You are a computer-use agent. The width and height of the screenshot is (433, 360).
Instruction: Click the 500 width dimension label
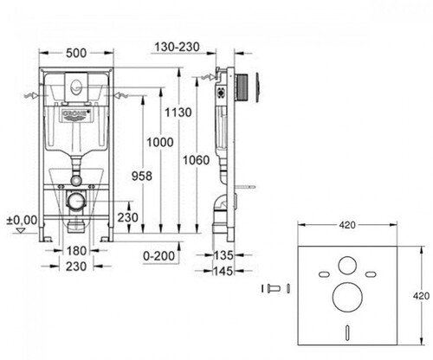click(x=76, y=53)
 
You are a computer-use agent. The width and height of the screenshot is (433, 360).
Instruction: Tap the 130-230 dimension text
click(x=178, y=47)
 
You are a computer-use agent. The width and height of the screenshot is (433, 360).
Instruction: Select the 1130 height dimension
click(x=178, y=112)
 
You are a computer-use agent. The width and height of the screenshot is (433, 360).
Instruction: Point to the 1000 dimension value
click(x=160, y=142)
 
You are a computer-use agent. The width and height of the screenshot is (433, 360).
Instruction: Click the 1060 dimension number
click(x=197, y=160)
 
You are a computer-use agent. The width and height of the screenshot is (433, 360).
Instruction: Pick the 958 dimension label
click(x=142, y=176)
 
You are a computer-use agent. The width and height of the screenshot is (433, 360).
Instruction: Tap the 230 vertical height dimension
click(x=127, y=217)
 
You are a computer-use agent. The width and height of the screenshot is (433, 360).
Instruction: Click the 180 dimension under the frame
click(x=76, y=251)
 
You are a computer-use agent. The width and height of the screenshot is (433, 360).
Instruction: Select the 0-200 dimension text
click(x=159, y=255)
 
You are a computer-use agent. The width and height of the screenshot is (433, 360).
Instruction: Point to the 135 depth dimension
click(x=223, y=255)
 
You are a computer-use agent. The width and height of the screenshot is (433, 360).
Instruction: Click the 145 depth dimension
click(x=223, y=271)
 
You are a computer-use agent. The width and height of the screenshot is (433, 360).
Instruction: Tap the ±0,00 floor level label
click(x=23, y=221)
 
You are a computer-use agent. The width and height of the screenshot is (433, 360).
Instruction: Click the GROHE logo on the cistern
click(x=75, y=113)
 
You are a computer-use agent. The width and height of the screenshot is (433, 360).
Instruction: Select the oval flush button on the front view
click(x=76, y=86)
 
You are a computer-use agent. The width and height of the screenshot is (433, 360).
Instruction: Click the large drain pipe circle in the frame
click(x=76, y=200)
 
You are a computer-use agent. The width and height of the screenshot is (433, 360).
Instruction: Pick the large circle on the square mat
click(x=347, y=298)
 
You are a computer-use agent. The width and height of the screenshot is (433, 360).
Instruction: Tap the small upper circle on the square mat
click(x=347, y=265)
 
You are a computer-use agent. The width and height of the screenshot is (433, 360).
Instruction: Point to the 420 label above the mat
click(x=347, y=225)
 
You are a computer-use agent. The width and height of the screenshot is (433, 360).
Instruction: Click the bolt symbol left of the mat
click(x=274, y=288)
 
